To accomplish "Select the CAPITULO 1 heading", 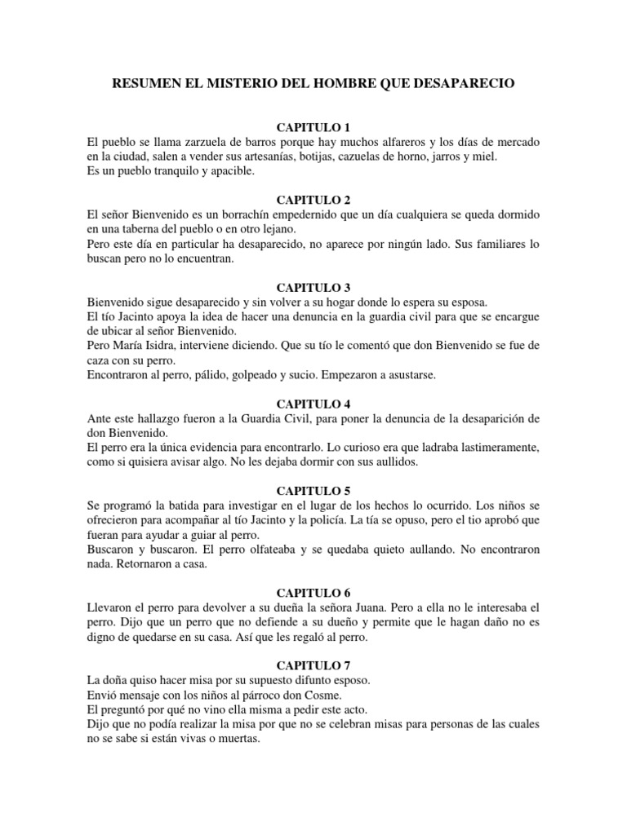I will click(x=313, y=127).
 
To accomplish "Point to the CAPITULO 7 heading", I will click(x=313, y=665).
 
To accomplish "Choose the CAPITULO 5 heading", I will click(x=313, y=491).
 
